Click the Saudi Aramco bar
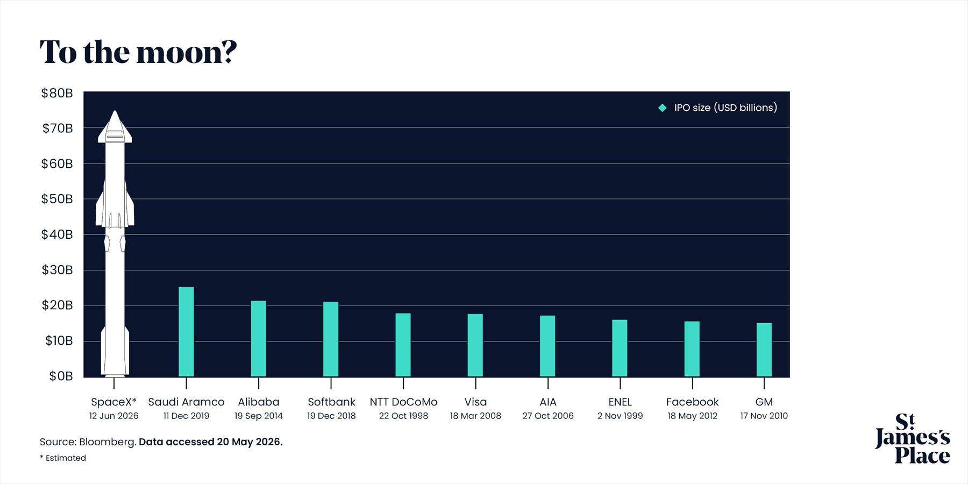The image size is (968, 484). point(186,332)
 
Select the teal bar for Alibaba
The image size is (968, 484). point(259,339)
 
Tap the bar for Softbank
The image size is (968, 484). point(331,339)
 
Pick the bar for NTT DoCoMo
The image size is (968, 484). point(403,345)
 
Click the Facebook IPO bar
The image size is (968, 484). point(692,349)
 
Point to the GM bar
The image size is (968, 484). point(764,350)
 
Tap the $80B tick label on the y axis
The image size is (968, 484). point(57,93)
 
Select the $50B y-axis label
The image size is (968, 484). point(57,199)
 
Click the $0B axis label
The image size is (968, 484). point(61,376)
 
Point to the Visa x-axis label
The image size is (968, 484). point(475,402)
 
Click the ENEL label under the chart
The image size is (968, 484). point(620,402)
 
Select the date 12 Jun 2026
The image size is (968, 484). point(114,416)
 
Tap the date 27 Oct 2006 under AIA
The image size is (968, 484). point(548,416)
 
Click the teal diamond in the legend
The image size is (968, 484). point(663,108)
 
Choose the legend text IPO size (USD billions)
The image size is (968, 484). point(726,108)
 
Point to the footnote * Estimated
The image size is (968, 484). point(63,458)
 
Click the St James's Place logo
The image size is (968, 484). point(913,438)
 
